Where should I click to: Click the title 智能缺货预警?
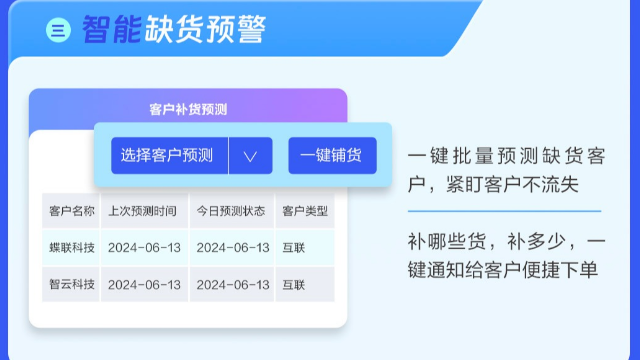tap(174, 30)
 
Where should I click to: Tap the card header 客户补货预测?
tap(188, 109)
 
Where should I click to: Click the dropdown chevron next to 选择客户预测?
tap(250, 155)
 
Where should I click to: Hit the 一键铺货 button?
tap(332, 155)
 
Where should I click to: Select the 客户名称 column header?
tap(72, 211)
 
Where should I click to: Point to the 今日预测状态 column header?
tap(231, 211)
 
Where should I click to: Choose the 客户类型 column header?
tap(305, 211)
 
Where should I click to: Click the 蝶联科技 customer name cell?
tap(72, 247)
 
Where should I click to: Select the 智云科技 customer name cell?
tap(72, 284)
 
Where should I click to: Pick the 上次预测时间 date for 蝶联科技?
tap(144, 247)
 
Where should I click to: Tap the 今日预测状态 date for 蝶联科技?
tap(232, 247)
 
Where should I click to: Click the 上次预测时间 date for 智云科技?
tap(144, 284)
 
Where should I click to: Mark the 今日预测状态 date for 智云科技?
tap(232, 284)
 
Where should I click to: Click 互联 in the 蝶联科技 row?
tap(294, 247)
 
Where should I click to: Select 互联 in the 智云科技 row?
tap(294, 284)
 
